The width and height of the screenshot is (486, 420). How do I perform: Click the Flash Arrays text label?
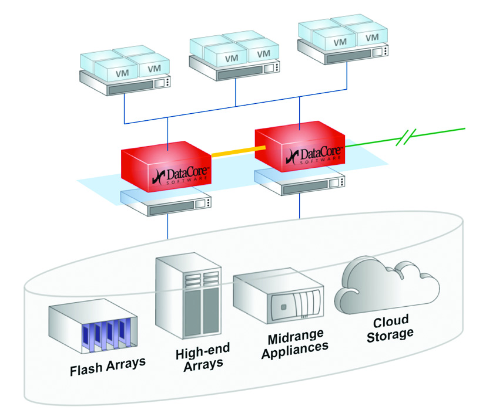coord(108,370)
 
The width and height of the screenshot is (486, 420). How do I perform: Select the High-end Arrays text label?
coord(203,357)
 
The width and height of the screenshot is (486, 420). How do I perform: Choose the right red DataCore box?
coord(300,146)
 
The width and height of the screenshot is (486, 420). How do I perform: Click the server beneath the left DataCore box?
coord(166,202)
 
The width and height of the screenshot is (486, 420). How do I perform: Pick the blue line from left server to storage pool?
coord(169,226)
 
